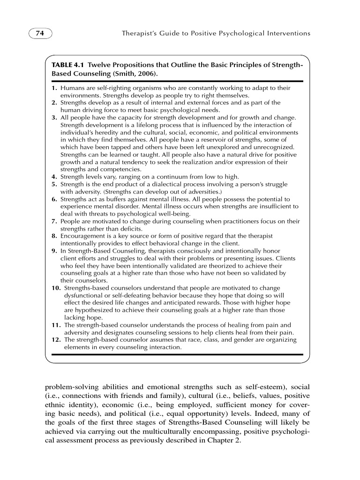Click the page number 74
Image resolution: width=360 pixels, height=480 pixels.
click(40, 34)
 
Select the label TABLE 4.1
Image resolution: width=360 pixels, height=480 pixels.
click(68, 64)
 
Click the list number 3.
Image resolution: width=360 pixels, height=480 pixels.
click(54, 118)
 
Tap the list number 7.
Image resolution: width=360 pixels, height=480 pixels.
click(54, 221)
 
